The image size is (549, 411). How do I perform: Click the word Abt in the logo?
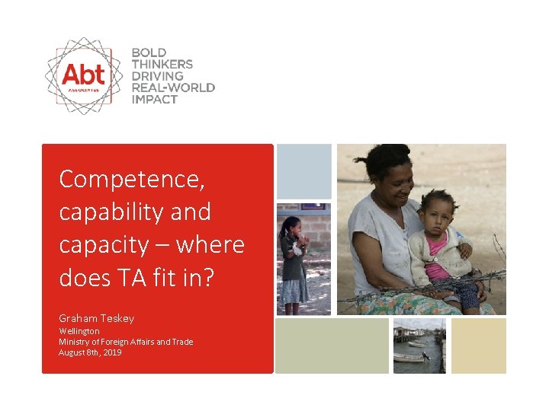[x=83, y=75]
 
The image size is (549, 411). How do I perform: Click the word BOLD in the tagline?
[x=149, y=53]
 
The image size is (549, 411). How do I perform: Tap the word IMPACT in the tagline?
[x=155, y=99]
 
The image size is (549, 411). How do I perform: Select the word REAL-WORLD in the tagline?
[x=173, y=88]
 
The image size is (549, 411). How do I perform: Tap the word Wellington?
[x=79, y=332]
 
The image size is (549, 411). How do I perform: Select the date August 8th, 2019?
[x=90, y=352]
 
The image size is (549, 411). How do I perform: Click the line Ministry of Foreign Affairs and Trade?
[x=126, y=342]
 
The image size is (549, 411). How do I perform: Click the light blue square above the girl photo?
[x=303, y=171]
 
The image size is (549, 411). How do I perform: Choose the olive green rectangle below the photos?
[x=332, y=346]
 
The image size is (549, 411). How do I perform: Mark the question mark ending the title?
[x=210, y=278]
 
